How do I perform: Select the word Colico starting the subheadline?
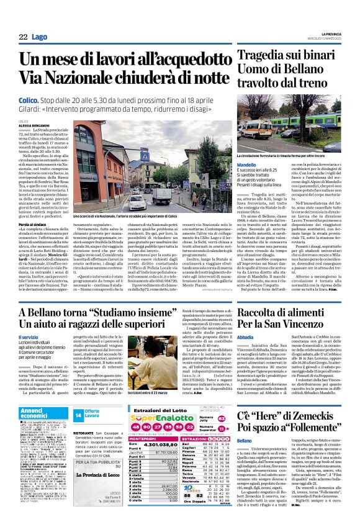[30, 99]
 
